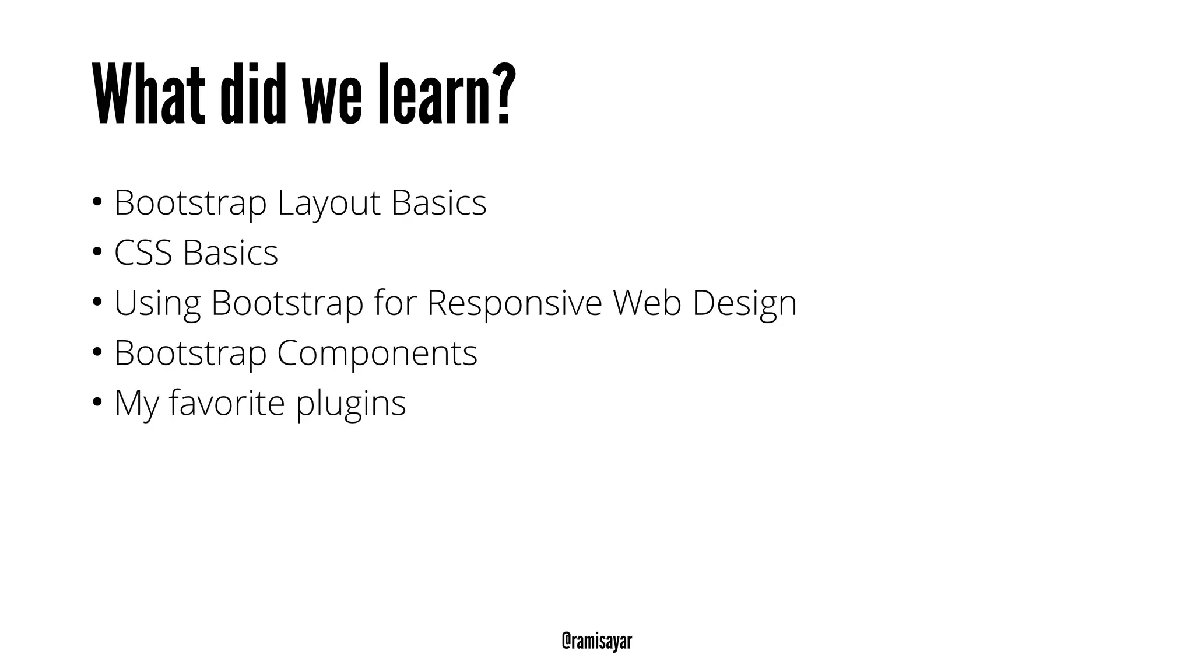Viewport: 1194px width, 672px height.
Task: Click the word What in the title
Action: [149, 95]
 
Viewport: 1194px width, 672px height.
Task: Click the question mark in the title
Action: [503, 93]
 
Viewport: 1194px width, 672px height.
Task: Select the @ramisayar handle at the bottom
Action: [596, 641]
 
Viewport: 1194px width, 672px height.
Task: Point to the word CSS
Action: [143, 253]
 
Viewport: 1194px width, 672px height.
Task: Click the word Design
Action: [745, 304]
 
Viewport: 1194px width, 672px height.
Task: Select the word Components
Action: [377, 353]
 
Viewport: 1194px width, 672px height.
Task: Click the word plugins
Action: [350, 404]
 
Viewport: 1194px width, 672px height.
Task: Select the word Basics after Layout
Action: [438, 203]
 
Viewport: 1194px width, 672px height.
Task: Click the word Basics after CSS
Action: [230, 253]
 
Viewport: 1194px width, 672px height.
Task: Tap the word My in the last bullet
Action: [136, 404]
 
